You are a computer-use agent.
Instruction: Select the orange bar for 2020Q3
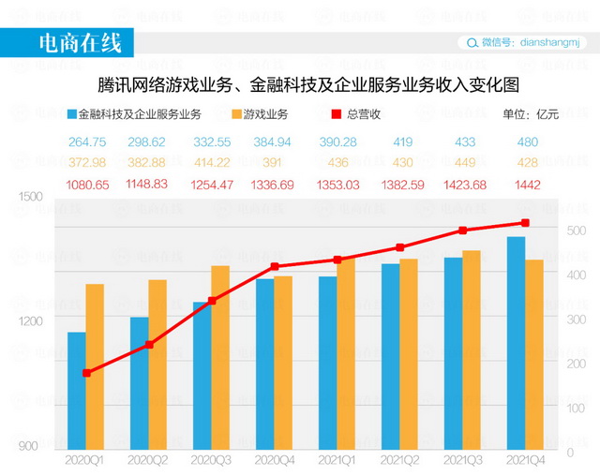[220, 356]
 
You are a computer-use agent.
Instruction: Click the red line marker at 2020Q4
[275, 267]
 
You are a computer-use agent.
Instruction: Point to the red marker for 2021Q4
[525, 223]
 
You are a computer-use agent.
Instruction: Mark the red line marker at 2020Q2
[149, 345]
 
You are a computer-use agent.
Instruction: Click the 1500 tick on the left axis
[31, 197]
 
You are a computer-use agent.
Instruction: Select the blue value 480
[527, 142]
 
